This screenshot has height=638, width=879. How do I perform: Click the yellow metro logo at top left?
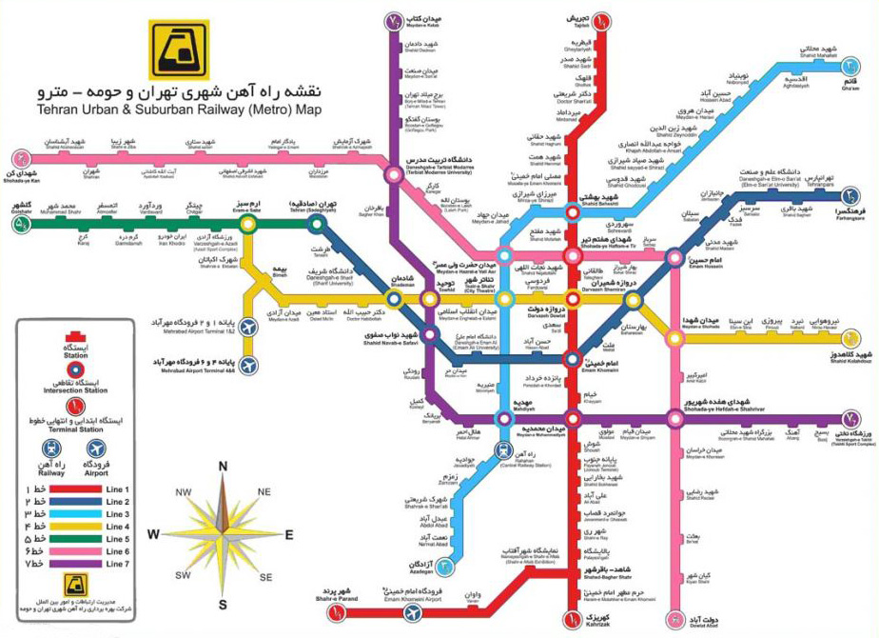178,49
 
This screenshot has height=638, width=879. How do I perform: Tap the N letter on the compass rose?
223,466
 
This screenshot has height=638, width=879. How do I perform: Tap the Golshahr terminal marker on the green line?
21,225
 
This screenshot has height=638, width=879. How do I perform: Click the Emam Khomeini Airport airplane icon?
412,613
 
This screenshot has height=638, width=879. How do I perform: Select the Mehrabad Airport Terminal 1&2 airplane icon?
249,327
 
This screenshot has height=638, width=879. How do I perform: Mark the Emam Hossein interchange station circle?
674,257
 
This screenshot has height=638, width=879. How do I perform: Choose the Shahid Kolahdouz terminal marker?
851,338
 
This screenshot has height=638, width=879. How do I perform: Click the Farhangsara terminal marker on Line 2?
851,197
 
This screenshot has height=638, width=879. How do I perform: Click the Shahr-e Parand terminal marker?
332,615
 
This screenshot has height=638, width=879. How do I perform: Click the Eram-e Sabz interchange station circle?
248,224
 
